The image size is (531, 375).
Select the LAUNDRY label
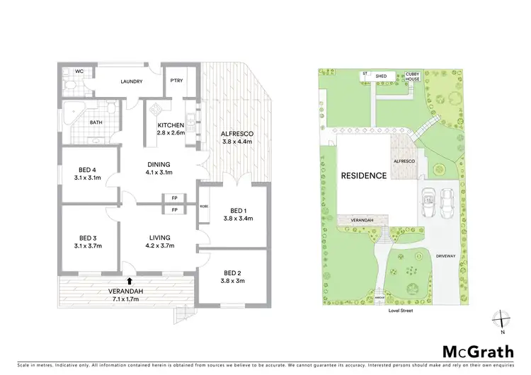132,81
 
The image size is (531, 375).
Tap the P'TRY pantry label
176,81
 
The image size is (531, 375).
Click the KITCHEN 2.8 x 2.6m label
171,129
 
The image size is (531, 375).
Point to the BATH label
96,122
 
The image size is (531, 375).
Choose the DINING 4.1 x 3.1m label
159,168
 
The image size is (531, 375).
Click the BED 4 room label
88,173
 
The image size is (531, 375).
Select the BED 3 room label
88,241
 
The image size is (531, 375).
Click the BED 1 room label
234,214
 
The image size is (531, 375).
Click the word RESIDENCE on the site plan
364,175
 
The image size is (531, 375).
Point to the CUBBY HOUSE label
412,76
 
